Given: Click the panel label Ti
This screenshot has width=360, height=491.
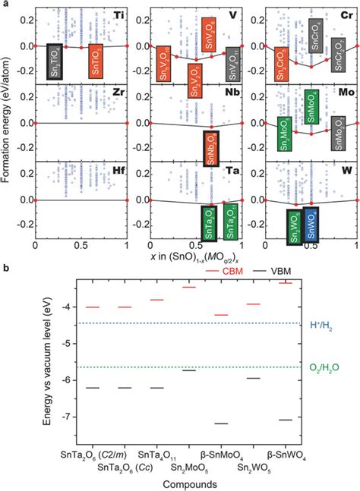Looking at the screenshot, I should click(119, 15).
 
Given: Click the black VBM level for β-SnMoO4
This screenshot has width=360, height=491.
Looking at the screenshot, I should click(222, 423).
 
